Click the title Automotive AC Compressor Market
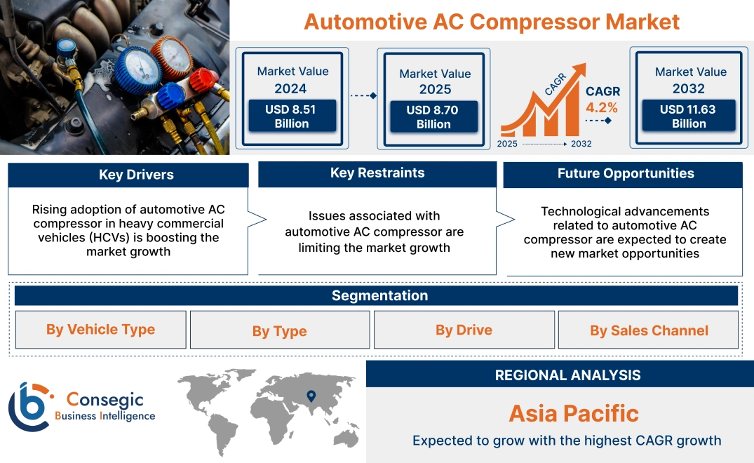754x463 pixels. (x=492, y=21)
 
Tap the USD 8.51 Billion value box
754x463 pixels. (x=292, y=116)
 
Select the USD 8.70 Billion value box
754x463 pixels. (x=433, y=117)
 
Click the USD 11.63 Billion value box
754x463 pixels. (x=689, y=116)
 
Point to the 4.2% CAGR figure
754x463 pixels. (x=602, y=107)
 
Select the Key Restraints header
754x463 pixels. (x=377, y=173)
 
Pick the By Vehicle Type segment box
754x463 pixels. (x=101, y=330)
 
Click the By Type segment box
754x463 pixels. (x=280, y=331)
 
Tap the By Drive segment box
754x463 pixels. (x=464, y=330)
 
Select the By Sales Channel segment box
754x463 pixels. (x=649, y=330)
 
